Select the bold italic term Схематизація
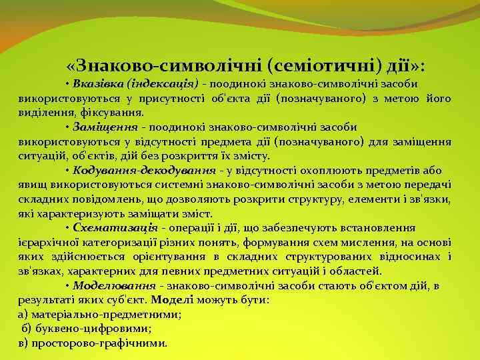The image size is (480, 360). [115, 228]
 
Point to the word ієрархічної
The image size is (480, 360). [45, 243]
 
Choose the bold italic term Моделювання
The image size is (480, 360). [114, 285]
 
